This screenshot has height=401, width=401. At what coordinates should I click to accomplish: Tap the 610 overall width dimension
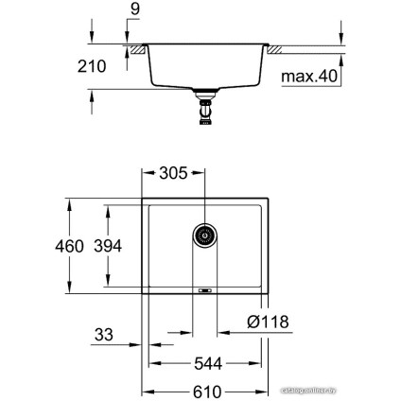point(202,388)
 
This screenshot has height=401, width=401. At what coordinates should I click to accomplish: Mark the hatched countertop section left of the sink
point(137,47)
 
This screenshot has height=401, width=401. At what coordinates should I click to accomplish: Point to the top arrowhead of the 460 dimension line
point(69,201)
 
